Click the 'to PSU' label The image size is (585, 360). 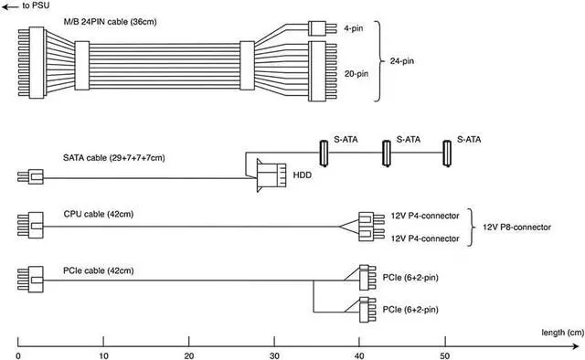36,5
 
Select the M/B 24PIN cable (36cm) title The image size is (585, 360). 110,22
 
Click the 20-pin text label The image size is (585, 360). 356,74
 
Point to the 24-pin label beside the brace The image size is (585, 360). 402,61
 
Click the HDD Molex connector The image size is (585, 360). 271,175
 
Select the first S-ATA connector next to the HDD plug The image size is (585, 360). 324,153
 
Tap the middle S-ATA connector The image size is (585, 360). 387,153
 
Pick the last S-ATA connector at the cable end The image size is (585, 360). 447,153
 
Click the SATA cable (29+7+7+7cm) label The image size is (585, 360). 113,158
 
